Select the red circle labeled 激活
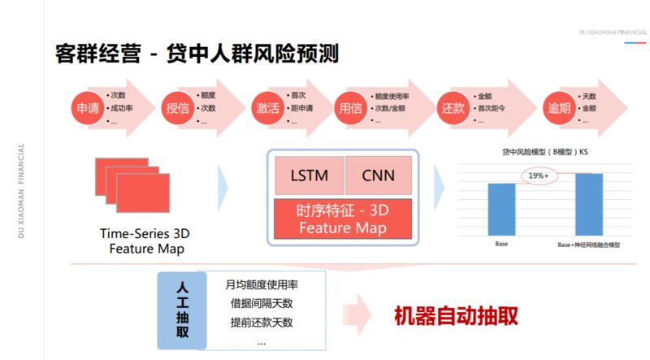(x=268, y=108)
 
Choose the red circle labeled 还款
(x=452, y=108)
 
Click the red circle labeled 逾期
(x=557, y=108)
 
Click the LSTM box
(x=309, y=175)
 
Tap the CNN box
(x=378, y=175)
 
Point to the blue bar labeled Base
(x=501, y=210)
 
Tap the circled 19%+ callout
(x=539, y=176)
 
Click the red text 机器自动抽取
(x=456, y=315)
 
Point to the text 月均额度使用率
(x=262, y=285)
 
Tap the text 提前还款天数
(x=262, y=323)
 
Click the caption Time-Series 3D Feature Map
(x=144, y=241)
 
